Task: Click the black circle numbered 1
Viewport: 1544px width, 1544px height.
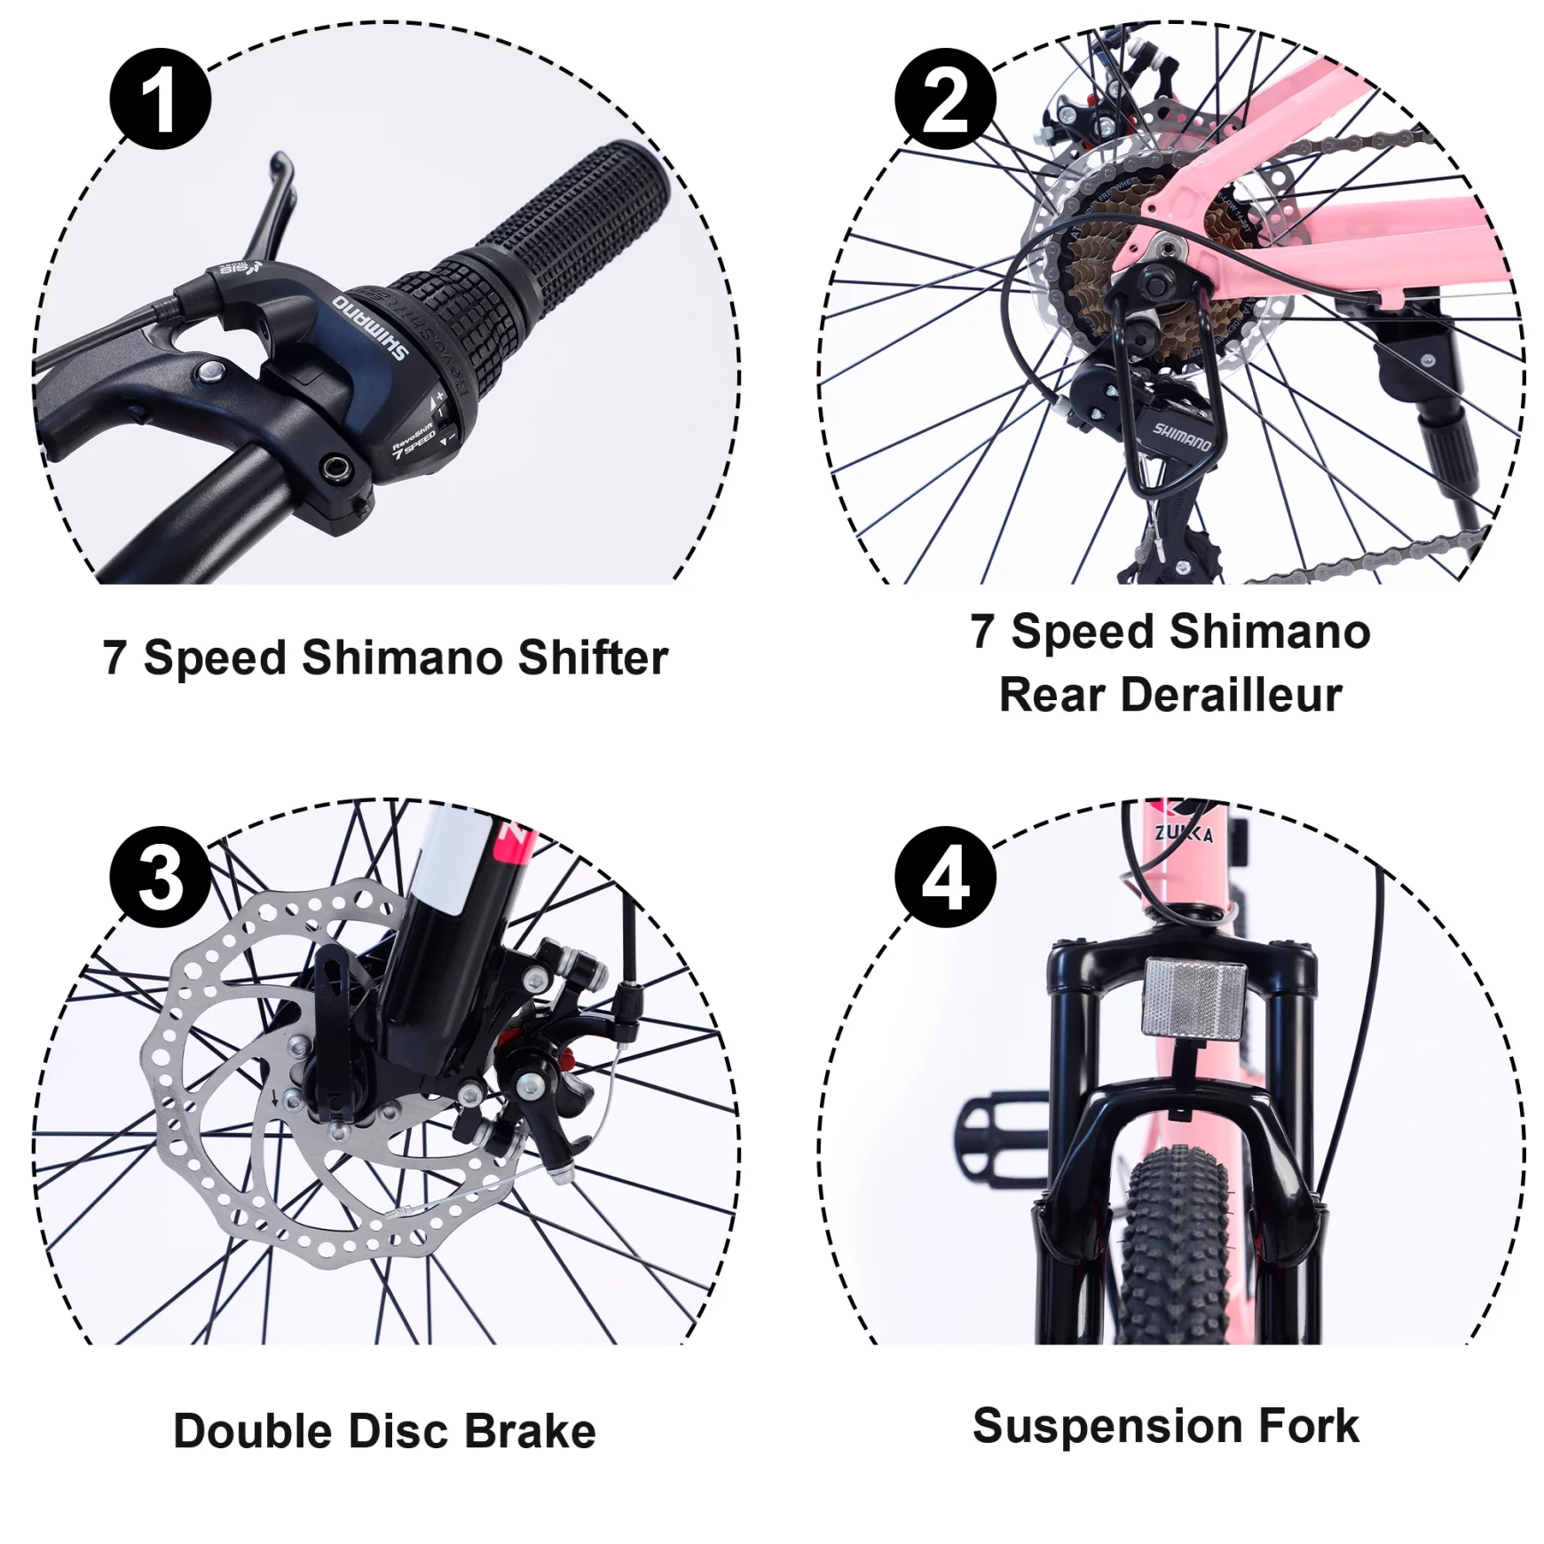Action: pos(160,98)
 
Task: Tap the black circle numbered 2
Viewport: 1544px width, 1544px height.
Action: pos(945,98)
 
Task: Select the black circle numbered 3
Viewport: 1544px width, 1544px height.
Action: pos(160,877)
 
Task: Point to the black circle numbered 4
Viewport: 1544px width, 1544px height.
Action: pos(945,877)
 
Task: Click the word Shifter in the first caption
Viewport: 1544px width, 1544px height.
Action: pos(592,658)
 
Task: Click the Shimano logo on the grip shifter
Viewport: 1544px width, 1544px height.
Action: pos(371,326)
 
